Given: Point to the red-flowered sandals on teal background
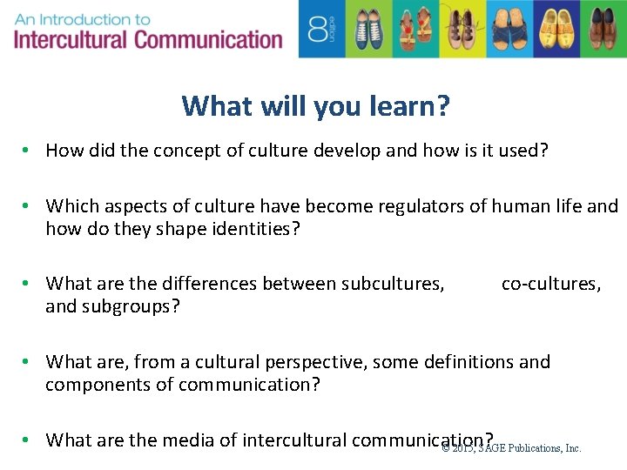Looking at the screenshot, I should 411,29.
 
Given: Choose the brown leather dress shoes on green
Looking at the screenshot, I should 603,29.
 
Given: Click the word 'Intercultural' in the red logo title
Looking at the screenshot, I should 71,40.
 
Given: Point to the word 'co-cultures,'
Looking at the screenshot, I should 550,283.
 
